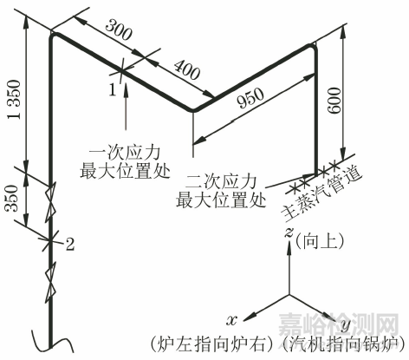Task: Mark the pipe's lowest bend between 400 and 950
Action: pos(192,110)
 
